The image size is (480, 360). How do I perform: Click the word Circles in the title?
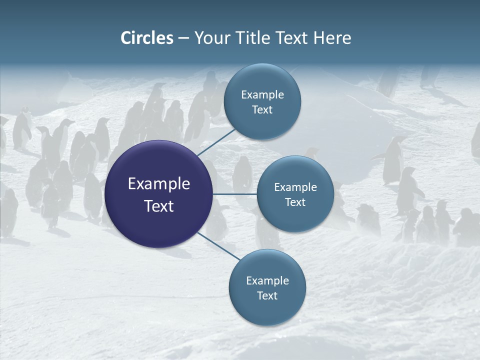pyautogui.click(x=147, y=38)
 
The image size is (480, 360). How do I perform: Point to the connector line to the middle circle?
pyautogui.click(x=235, y=194)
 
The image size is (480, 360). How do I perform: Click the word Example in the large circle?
pyautogui.click(x=159, y=184)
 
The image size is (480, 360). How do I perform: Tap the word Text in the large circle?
pyautogui.click(x=159, y=206)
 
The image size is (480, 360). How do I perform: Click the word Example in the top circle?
pyautogui.click(x=262, y=94)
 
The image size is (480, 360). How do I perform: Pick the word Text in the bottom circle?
pyautogui.click(x=267, y=295)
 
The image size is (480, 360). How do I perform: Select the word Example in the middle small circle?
pyautogui.click(x=295, y=187)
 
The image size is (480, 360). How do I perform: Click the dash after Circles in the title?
pyautogui.click(x=183, y=38)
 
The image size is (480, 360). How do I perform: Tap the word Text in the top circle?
pyautogui.click(x=262, y=109)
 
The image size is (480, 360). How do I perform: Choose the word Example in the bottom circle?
pyautogui.click(x=267, y=280)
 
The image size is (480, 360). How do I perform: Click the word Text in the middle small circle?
pyautogui.click(x=295, y=202)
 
